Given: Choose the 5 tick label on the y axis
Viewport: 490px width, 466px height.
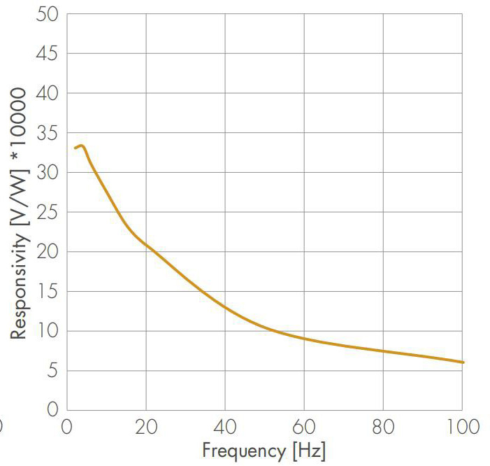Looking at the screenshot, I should click(x=52, y=371).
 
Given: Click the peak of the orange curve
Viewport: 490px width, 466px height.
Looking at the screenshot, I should click(x=81, y=146).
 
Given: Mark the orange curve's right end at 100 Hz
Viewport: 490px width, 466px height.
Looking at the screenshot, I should click(x=462, y=362).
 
